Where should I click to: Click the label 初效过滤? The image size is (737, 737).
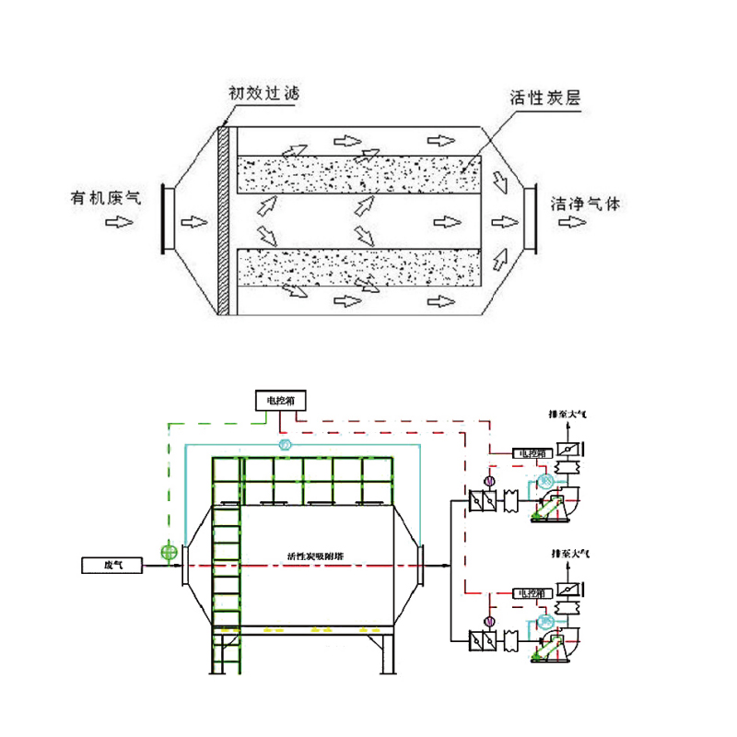coord(263,93)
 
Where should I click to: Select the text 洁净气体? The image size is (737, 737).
coord(585,203)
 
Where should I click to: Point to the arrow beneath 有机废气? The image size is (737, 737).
coord(117,222)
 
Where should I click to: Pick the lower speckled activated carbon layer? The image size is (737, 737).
coord(359,268)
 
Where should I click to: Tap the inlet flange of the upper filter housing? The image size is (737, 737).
coord(168,218)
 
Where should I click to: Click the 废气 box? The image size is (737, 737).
coord(111,563)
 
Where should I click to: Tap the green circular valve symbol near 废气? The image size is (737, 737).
coord(168,553)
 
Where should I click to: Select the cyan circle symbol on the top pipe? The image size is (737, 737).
coord(285,446)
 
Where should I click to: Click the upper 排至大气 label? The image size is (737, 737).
coord(567,416)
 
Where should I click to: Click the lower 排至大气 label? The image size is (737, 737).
coord(567,554)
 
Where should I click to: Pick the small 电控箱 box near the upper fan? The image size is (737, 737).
coord(533,453)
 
